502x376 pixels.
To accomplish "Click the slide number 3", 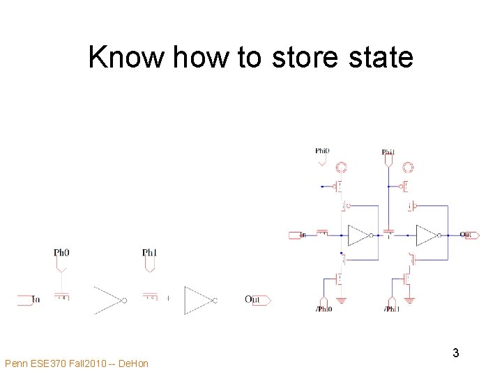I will [455, 353].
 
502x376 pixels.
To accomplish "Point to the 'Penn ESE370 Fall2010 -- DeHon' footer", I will [77, 363].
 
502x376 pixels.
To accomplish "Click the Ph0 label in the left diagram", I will [61, 252].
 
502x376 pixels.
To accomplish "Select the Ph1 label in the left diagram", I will [149, 252].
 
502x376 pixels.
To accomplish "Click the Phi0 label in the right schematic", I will [322, 150].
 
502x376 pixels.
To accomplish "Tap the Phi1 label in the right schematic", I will [388, 152].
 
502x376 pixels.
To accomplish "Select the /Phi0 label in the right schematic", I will [324, 308].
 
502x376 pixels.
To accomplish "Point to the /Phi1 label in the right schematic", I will [392, 308].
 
